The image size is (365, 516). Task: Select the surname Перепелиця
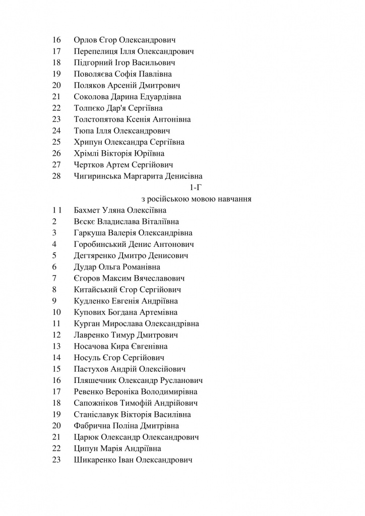click(x=96, y=51)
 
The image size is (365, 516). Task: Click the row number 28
click(x=56, y=176)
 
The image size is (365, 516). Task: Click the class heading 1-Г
click(x=194, y=187)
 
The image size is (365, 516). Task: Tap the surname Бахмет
click(x=87, y=210)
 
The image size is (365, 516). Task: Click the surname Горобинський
click(x=99, y=244)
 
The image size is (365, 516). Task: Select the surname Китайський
click(x=95, y=290)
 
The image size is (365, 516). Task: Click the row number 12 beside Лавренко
click(x=56, y=335)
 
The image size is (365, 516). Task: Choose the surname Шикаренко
click(x=96, y=460)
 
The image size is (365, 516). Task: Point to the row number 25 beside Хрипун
click(x=56, y=142)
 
